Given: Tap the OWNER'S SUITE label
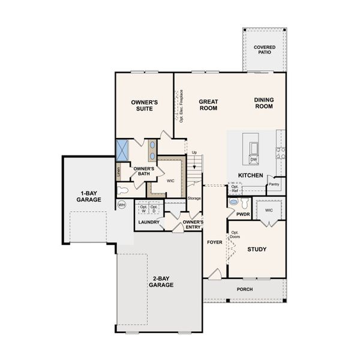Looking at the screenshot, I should [144, 106].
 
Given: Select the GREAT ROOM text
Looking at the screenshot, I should [208, 106].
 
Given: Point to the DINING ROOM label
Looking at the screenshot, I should [263, 103].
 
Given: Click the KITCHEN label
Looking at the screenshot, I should [250, 175].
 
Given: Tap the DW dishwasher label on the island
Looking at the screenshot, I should [253, 160].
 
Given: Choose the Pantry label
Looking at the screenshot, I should [275, 185].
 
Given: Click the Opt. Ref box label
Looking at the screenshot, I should [235, 189].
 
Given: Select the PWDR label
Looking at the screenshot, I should [243, 214].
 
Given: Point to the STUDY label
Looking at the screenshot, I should [257, 249].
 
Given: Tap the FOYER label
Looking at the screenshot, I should [214, 243].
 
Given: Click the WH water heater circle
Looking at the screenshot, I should [122, 205].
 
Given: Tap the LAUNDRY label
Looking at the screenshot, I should [149, 223].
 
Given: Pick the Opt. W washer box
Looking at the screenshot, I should [143, 209].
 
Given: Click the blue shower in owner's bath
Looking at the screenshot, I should [124, 149].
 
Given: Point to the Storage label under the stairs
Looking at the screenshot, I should [194, 197].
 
